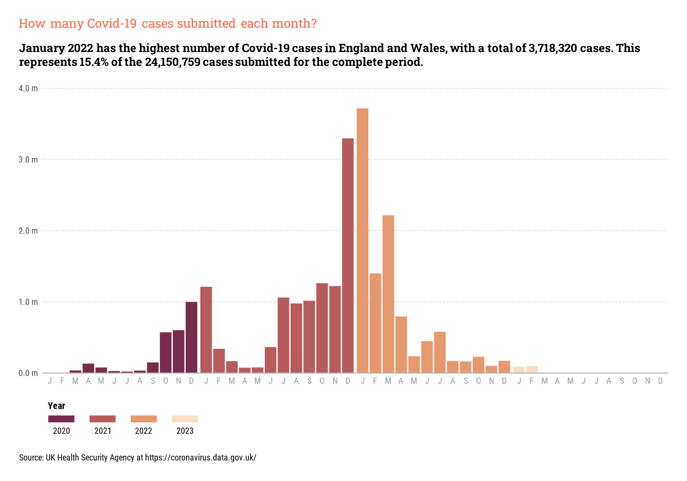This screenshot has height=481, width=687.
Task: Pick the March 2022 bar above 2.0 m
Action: [x=388, y=294]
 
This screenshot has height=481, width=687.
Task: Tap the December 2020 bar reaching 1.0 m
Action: [x=191, y=337]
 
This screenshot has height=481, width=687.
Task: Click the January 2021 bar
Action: [x=206, y=329]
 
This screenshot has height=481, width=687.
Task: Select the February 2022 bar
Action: [x=375, y=323]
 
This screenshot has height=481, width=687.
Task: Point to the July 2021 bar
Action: [x=283, y=335]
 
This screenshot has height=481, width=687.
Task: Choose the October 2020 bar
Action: [x=166, y=352]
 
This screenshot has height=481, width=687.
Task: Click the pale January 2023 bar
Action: [x=519, y=370]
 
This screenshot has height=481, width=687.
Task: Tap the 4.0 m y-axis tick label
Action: [x=28, y=88]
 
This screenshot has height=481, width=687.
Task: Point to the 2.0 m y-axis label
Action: [x=28, y=231]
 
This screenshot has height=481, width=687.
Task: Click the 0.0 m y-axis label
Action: [x=28, y=373]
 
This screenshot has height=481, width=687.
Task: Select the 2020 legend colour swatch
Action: [x=61, y=419]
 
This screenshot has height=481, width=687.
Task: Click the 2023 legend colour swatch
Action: [x=185, y=419]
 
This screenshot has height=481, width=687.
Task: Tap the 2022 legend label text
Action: [x=144, y=431]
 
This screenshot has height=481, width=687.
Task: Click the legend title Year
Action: [x=56, y=406]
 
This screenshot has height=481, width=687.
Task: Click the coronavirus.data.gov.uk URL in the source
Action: [x=200, y=458]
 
